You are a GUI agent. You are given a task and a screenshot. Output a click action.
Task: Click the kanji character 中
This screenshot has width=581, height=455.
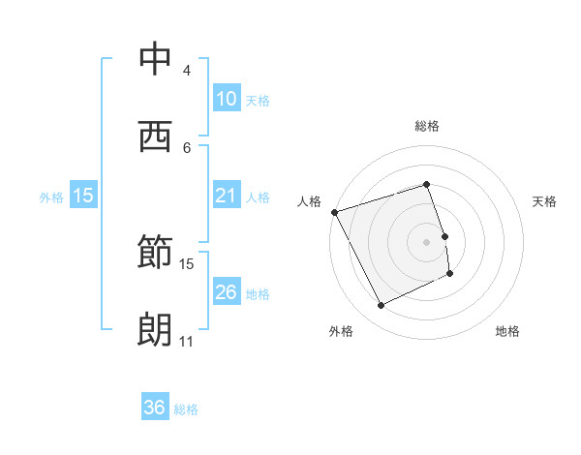pyautogui.click(x=155, y=60)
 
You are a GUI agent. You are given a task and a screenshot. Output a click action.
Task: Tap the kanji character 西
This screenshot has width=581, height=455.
pyautogui.click(x=155, y=136)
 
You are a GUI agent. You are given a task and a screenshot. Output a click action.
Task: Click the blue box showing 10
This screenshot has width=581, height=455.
pyautogui.click(x=226, y=99)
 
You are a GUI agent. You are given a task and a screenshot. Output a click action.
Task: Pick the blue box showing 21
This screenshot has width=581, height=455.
pyautogui.click(x=226, y=196)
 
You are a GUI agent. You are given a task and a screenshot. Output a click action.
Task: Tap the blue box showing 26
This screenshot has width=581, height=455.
pyautogui.click(x=226, y=292)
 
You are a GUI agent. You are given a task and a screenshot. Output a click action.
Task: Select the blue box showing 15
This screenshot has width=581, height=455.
pyautogui.click(x=83, y=196)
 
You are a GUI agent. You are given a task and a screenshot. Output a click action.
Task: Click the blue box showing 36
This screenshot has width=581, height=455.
pyautogui.click(x=155, y=408)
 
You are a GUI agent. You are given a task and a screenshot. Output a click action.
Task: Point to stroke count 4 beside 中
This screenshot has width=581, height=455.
pyautogui.click(x=186, y=71)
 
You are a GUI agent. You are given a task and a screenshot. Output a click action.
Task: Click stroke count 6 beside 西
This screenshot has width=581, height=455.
pyautogui.click(x=186, y=147)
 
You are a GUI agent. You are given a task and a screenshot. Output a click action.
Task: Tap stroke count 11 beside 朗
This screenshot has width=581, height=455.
pyautogui.click(x=186, y=342)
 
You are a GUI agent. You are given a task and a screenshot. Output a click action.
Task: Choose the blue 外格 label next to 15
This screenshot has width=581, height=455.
pyautogui.click(x=51, y=197)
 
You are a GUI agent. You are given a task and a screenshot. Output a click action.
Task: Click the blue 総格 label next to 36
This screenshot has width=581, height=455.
pyautogui.click(x=186, y=409)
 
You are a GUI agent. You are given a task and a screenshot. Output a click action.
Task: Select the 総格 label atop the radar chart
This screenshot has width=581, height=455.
pyautogui.click(x=426, y=126)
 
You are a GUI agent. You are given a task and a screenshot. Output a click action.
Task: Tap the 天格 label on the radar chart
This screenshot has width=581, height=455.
pyautogui.click(x=544, y=201)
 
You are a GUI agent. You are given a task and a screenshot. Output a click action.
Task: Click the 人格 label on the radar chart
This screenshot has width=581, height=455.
pyautogui.click(x=309, y=201)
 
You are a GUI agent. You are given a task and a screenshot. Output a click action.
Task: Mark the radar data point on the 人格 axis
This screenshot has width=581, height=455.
pyautogui.click(x=334, y=212)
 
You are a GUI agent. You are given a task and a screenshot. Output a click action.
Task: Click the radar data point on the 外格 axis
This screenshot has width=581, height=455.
pyautogui.click(x=381, y=306)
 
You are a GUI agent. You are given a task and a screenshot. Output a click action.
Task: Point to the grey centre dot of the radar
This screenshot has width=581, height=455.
pyautogui.click(x=426, y=241)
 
